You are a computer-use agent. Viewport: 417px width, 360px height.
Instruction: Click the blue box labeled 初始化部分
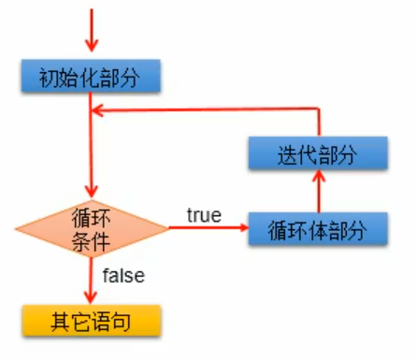click(91, 77)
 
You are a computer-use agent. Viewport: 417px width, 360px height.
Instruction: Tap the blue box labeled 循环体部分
click(318, 228)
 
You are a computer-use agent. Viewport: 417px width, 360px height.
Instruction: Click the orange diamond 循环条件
click(91, 228)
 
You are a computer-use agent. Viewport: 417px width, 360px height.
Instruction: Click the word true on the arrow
click(203, 216)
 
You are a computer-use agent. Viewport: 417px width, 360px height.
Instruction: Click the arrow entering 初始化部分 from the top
click(91, 33)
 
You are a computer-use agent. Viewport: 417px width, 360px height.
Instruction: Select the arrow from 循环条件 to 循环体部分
click(206, 228)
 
